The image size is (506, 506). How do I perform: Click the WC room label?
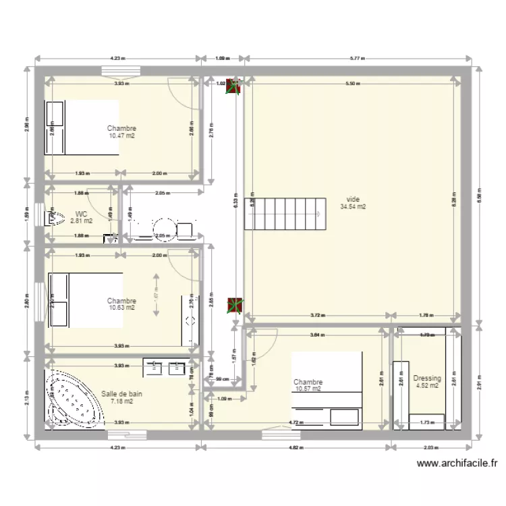click(81, 213)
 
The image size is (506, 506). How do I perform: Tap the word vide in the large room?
click(353, 200)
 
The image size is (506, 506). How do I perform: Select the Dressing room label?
click(426, 378)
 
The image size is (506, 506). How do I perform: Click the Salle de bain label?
click(121, 394)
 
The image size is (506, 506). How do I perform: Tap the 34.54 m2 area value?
click(353, 207)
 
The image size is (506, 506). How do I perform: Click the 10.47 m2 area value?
click(121, 136)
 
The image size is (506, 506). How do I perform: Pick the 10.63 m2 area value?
click(121, 308)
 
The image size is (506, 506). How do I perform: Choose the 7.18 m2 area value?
click(121, 401)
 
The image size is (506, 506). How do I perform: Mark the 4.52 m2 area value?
click(426, 387)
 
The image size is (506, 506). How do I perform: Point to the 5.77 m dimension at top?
click(357, 59)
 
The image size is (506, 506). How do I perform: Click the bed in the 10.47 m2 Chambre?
click(82, 128)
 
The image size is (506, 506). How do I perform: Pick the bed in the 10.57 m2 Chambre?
click(327, 390)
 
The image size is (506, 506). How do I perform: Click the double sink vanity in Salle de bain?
click(166, 368)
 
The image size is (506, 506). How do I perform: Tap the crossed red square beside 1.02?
click(234, 86)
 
